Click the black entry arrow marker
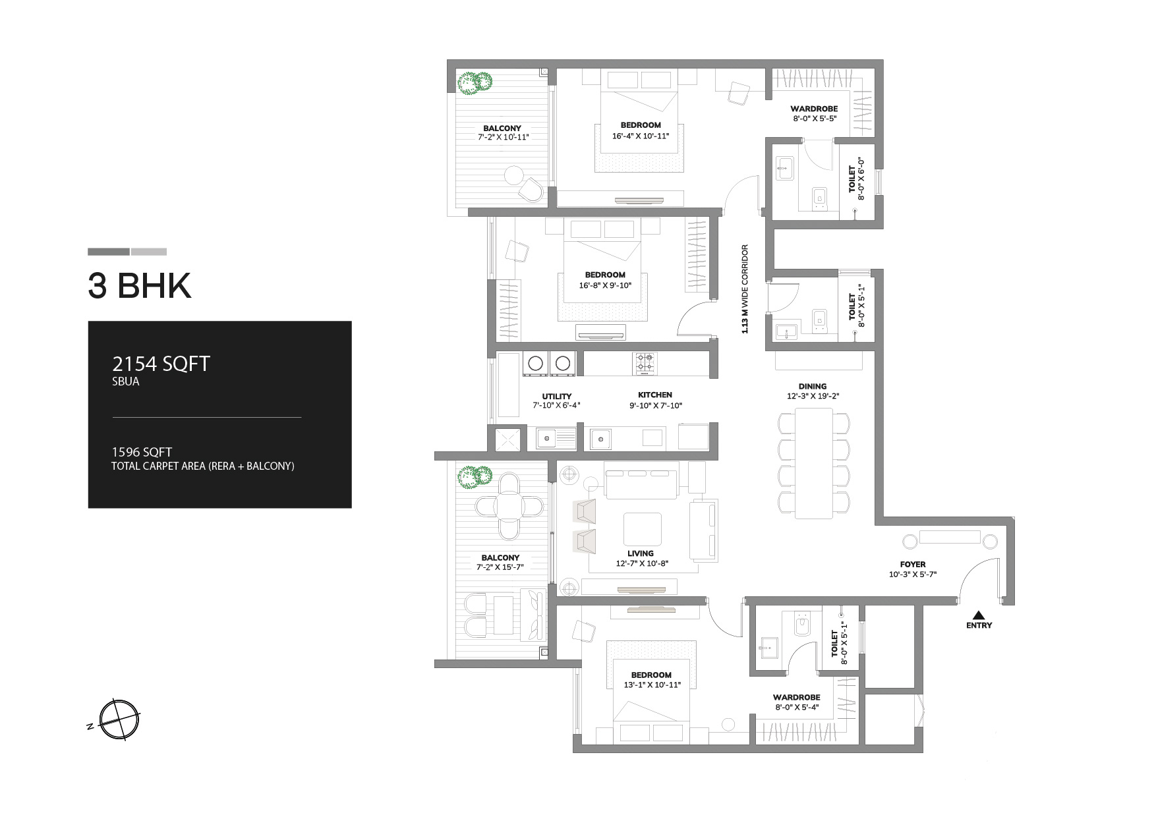979,615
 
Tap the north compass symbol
119,718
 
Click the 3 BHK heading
140,286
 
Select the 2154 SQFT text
161,364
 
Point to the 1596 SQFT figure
142,452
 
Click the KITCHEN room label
655,395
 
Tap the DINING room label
812,387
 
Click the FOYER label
913,565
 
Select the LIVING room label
641,553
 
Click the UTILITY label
557,397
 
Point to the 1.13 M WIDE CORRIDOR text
745,289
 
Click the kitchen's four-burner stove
645,364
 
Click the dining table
813,463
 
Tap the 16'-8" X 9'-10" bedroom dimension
604,285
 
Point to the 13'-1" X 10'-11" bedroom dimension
651,685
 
